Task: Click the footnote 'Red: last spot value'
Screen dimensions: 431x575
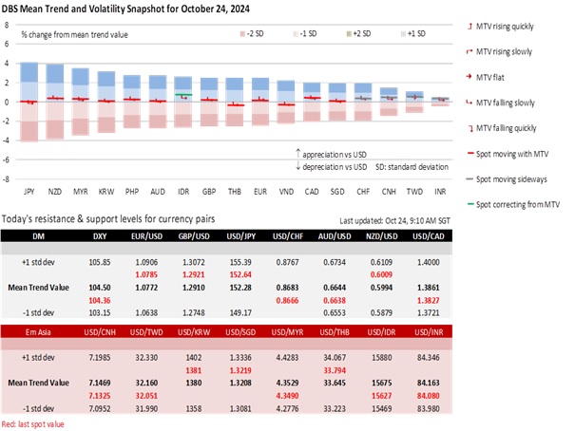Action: [x=36, y=424]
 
